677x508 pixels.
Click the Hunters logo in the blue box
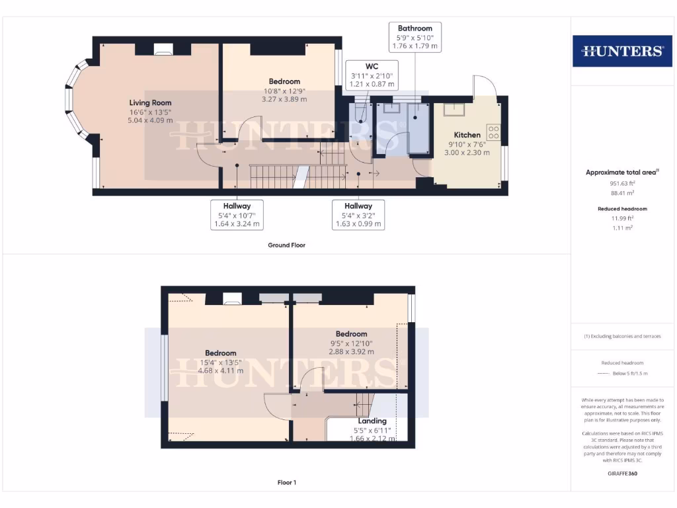(621, 51)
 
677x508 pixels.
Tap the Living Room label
(150, 103)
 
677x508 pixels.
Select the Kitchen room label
(467, 135)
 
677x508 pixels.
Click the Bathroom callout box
(415, 37)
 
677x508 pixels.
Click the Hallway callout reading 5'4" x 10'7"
(237, 215)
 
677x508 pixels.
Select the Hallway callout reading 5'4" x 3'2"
(357, 215)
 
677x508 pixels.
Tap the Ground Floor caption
(286, 245)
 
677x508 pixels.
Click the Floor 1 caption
(286, 482)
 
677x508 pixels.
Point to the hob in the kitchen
(493, 132)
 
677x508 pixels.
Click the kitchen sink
(456, 108)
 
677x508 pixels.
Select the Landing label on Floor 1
(372, 421)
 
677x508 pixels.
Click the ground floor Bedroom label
(284, 81)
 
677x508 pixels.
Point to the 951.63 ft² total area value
(621, 184)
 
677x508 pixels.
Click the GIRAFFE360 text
(621, 474)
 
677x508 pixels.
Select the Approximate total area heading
(621, 172)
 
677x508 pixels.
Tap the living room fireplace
(163, 48)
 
